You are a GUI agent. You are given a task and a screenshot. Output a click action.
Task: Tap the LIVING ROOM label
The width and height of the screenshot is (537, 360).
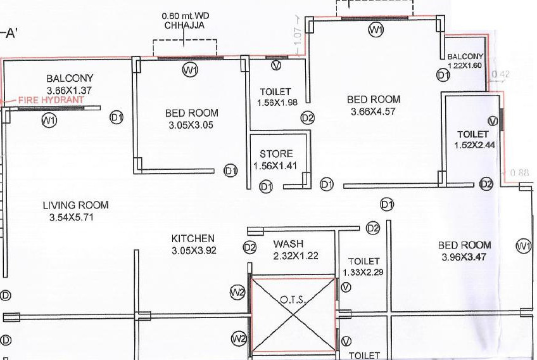pyautogui.click(x=75, y=205)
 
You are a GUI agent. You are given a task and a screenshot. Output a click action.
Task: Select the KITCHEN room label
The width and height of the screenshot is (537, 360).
pyautogui.click(x=193, y=238)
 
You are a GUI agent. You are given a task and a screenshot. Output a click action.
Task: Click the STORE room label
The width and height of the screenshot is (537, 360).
pyautogui.click(x=276, y=154)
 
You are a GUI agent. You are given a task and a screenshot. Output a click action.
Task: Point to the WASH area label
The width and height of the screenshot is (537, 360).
pyautogui.click(x=288, y=244)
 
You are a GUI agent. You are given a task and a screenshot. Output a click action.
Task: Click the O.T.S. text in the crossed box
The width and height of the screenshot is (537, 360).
pyautogui.click(x=293, y=299)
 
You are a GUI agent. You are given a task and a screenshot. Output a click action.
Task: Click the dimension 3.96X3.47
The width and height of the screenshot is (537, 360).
pyautogui.click(x=467, y=257)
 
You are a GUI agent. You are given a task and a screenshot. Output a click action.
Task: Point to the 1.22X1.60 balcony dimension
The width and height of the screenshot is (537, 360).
pyautogui.click(x=465, y=65)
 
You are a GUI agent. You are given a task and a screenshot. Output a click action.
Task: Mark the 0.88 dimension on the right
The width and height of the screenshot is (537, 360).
pyautogui.click(x=519, y=172)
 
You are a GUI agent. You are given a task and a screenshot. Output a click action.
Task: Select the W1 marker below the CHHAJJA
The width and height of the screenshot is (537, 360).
pyautogui.click(x=190, y=70)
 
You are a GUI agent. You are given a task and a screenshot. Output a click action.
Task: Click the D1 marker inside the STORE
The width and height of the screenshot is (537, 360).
pyautogui.click(x=266, y=186)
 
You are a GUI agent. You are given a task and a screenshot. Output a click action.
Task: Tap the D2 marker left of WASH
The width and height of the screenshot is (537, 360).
pyautogui.click(x=250, y=247)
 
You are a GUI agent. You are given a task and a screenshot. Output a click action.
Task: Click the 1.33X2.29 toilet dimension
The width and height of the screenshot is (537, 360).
pyautogui.click(x=363, y=273)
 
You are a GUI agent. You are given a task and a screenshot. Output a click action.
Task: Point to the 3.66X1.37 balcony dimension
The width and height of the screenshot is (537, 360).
pyautogui.click(x=70, y=91)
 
